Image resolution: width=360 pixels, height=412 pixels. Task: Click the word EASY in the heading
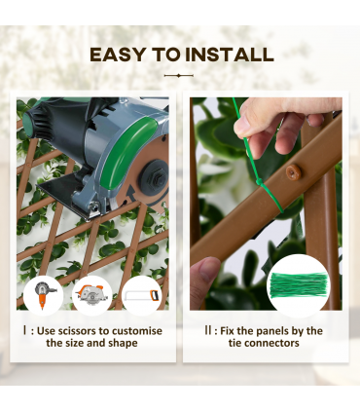(x=119, y=54)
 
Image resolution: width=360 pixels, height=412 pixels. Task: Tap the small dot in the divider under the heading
(x=179, y=75)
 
